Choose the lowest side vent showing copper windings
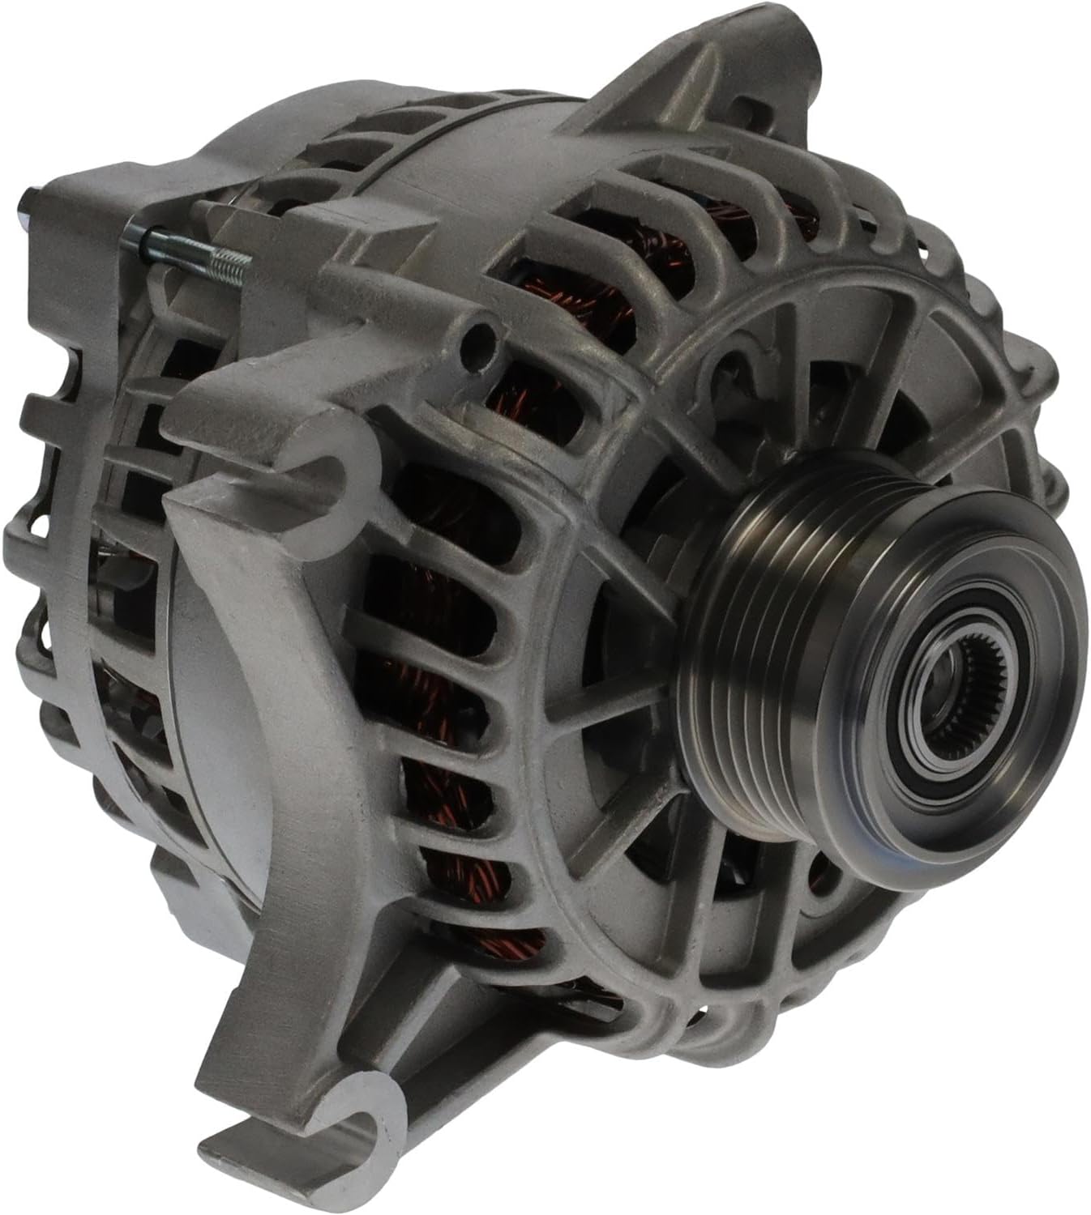pos(486,940)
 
